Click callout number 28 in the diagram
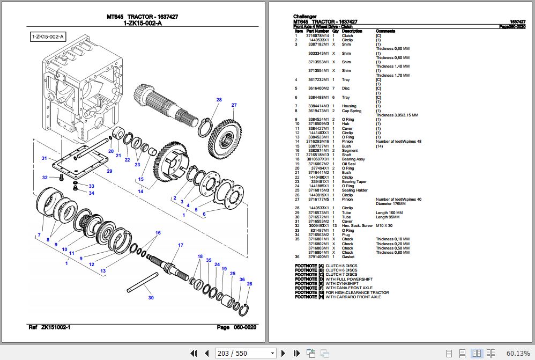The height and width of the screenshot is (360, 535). pos(219,100)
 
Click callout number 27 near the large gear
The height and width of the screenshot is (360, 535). pos(234,105)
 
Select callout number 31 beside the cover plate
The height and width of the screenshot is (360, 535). pos(45,158)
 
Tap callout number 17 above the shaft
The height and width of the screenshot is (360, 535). pos(181,245)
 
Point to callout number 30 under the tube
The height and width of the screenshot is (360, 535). pos(151,298)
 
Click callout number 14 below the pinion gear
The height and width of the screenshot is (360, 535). pos(140,192)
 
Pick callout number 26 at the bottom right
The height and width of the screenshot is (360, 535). pos(249,283)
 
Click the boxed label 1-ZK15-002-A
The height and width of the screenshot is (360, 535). pos(48,36)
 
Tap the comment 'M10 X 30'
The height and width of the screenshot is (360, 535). pos(385,226)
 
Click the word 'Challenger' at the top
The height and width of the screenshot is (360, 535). pos(304,17)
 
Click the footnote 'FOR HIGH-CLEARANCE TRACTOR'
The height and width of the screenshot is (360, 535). pos(357,292)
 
